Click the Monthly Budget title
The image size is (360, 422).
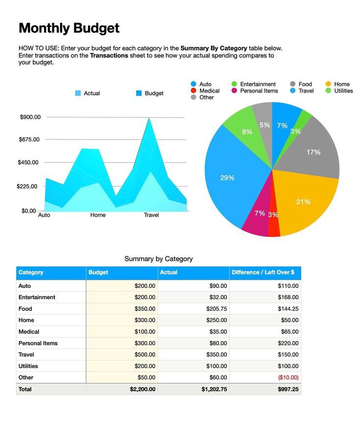[x=69, y=28]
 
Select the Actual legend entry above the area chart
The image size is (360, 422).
[x=88, y=93]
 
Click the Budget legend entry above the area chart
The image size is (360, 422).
[x=150, y=93]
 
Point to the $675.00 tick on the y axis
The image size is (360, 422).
[x=29, y=140]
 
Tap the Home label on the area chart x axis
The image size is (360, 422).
[x=98, y=215]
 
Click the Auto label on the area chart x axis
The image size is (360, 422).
[x=44, y=215]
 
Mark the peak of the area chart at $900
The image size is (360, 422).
[x=149, y=118]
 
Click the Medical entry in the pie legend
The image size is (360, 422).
[x=205, y=91]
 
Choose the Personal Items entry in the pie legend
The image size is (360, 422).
[x=255, y=91]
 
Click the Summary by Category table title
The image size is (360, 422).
[x=158, y=258]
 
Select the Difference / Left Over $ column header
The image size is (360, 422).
[x=263, y=272]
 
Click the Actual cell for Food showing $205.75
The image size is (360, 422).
[x=216, y=309]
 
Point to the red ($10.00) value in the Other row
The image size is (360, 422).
[x=288, y=377]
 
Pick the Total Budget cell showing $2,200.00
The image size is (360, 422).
[x=142, y=389]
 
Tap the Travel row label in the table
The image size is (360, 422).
[x=26, y=354]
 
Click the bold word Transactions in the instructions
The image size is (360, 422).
[x=109, y=55]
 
